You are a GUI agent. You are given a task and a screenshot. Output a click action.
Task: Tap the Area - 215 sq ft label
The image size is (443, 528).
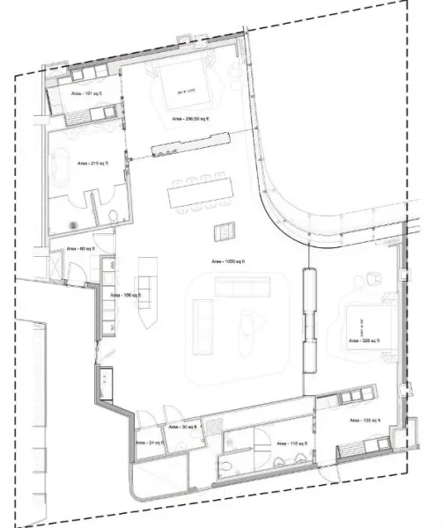point(91,164)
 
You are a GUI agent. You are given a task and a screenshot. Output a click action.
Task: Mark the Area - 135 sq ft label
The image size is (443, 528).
point(363,422)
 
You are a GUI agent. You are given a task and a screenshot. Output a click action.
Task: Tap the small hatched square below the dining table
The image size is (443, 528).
point(225,231)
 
